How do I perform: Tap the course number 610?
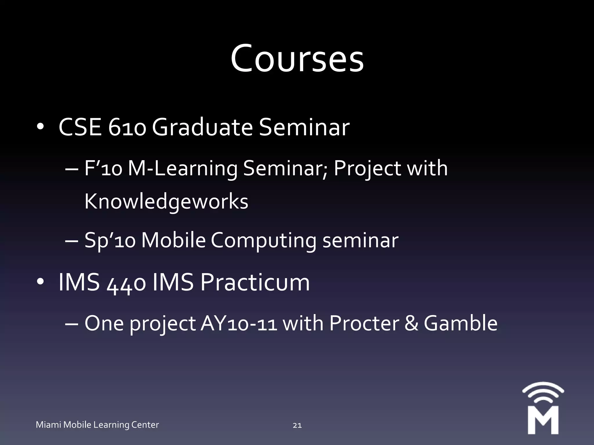(127, 128)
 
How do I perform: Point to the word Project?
(367, 169)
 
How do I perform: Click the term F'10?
(103, 169)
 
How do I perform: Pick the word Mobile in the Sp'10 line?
(173, 240)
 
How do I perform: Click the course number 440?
(126, 283)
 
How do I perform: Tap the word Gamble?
(461, 324)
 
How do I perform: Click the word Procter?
(364, 324)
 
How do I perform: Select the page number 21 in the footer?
(297, 425)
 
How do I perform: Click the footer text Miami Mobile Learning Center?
(97, 425)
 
